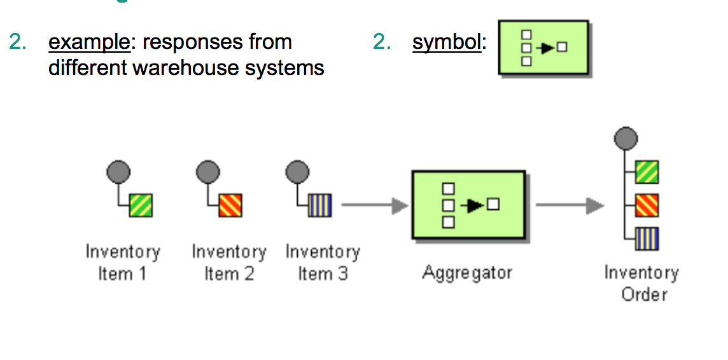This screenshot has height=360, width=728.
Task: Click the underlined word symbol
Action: point(446,43)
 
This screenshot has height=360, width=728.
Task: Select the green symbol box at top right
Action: point(544,48)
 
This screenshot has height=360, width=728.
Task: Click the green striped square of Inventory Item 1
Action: point(141,205)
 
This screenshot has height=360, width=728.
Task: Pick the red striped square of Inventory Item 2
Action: point(230,205)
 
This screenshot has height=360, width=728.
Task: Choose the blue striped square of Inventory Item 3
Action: point(319,205)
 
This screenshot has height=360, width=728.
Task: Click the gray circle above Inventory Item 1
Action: point(118,171)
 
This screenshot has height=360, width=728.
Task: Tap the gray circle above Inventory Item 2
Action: point(207,171)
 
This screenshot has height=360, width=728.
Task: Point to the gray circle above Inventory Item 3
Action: point(297,171)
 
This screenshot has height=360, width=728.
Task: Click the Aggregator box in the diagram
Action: point(469,205)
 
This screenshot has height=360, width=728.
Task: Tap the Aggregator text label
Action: point(467,273)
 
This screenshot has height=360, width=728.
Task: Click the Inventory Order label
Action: point(641,284)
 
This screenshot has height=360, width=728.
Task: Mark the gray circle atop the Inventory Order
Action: point(626,137)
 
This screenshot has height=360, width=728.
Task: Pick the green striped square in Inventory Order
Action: point(647,172)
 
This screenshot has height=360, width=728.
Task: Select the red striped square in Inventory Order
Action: point(647,205)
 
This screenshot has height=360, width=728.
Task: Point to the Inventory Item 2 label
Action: point(229,263)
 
